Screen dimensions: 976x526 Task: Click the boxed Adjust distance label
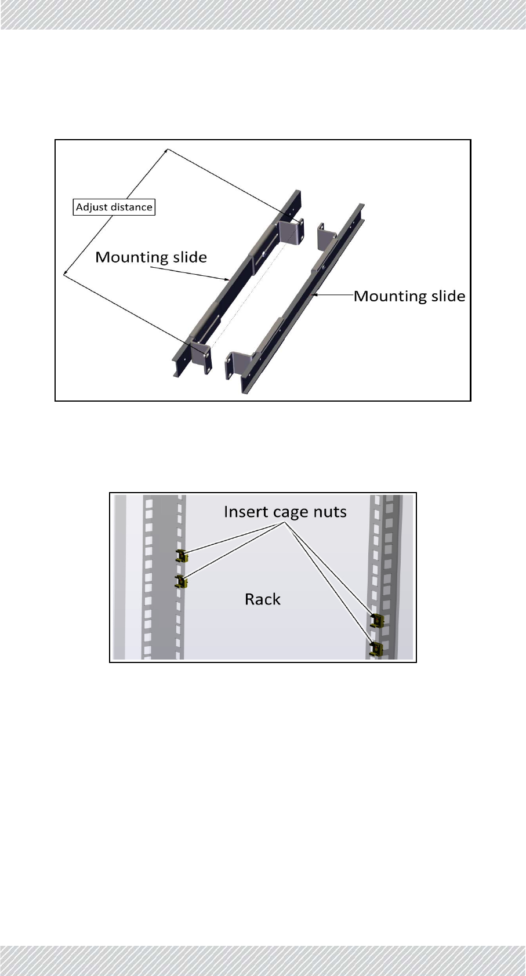click(114, 207)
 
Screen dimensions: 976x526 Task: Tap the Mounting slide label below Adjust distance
click(151, 257)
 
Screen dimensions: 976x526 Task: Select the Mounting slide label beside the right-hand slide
click(409, 296)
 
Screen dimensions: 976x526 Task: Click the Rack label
click(263, 599)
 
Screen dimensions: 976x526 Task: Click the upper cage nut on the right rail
click(376, 621)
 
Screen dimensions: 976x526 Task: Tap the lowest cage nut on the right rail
click(376, 647)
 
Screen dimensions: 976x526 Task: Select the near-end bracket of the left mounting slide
click(200, 355)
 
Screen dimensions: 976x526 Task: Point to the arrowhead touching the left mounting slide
click(228, 280)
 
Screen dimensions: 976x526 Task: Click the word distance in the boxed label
click(130, 207)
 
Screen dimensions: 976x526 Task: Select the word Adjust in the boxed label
click(92, 207)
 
